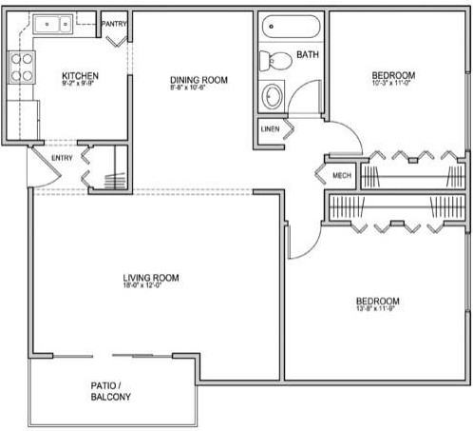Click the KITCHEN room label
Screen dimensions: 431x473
point(80,75)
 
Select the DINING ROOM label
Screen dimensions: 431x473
point(199,80)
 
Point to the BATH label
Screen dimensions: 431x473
point(307,56)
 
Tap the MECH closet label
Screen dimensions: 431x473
point(343,176)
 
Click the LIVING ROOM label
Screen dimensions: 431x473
point(151,278)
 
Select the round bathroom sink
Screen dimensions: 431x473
point(273,96)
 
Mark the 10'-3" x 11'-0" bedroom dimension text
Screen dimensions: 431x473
point(393,84)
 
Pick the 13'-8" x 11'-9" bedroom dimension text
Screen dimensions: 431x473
point(377,308)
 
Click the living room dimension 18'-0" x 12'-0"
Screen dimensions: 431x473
point(151,286)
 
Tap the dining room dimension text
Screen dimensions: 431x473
point(199,88)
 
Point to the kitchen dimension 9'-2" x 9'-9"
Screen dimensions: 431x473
point(80,84)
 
